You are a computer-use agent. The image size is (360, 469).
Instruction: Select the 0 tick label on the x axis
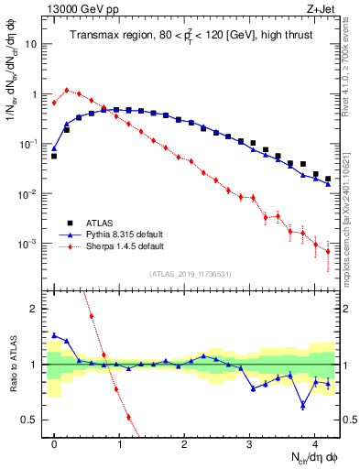tap(54, 443)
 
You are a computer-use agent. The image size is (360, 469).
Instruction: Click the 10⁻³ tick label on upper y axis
tap(30, 245)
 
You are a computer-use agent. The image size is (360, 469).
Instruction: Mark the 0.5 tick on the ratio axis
tap(31, 420)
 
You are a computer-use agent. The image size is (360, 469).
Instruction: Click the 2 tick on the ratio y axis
tap(35, 309)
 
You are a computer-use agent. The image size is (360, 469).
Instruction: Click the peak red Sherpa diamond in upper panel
tap(67, 90)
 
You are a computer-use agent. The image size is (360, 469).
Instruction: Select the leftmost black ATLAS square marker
tap(54, 156)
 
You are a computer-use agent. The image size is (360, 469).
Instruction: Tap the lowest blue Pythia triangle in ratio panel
tap(302, 404)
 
